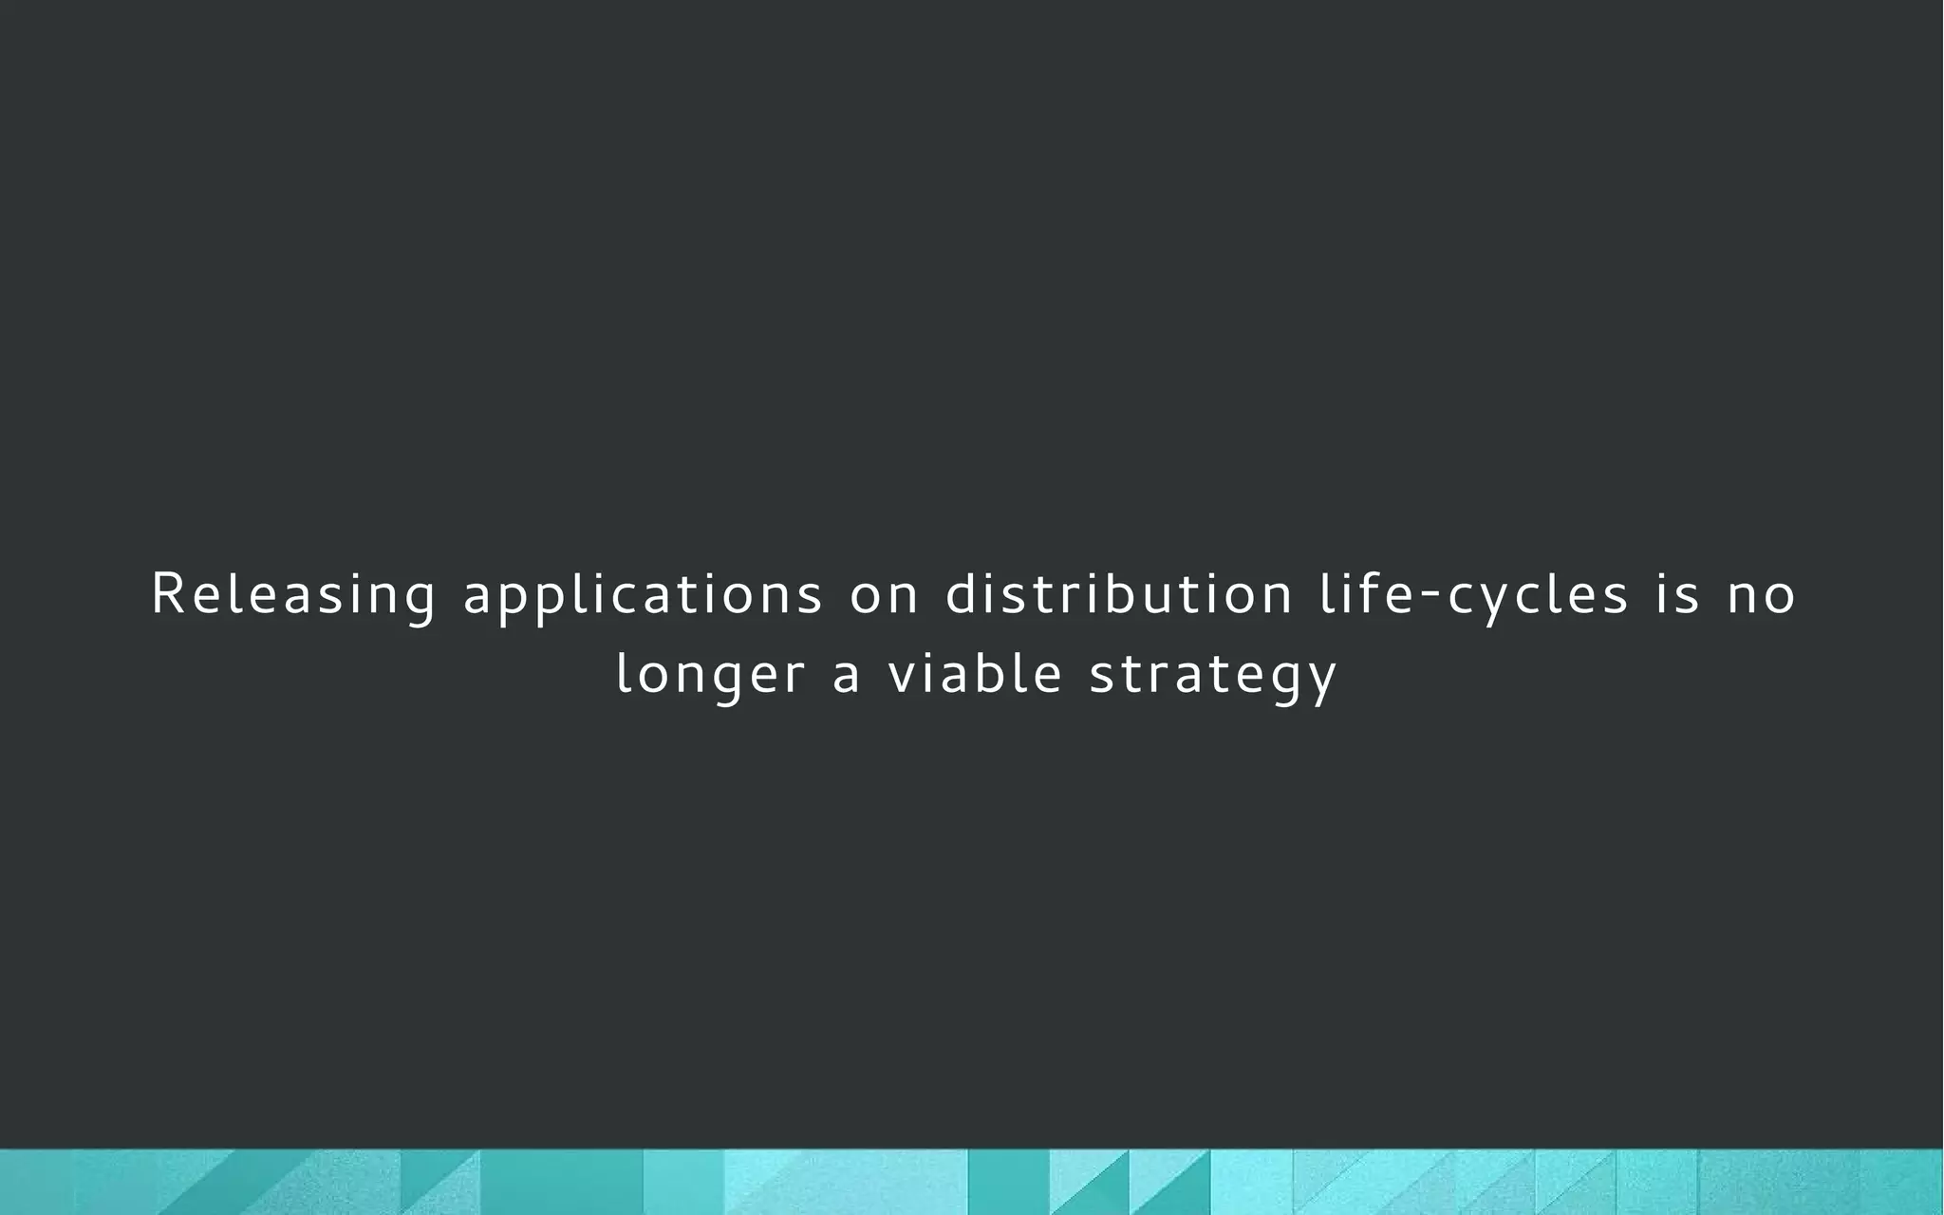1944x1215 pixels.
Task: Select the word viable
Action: tap(975, 674)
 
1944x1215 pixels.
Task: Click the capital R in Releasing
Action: tap(167, 594)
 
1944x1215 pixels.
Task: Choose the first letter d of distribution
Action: tap(961, 594)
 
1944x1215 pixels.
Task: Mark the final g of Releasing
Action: tap(421, 600)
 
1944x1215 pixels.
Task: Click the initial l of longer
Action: tap(623, 674)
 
